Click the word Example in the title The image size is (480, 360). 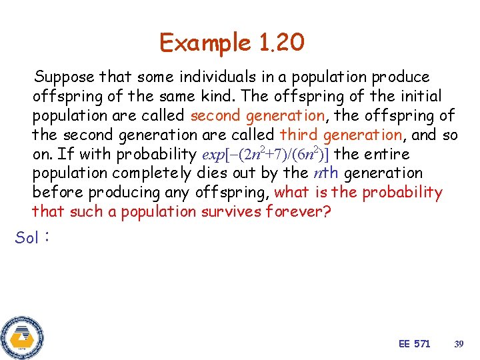204,43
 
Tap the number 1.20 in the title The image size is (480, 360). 279,43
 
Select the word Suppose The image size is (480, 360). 65,77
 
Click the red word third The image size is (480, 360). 299,135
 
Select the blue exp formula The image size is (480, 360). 265,154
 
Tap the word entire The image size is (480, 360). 387,154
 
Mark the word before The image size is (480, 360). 57,193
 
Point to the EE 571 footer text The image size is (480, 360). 415,343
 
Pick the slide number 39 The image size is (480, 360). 458,344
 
